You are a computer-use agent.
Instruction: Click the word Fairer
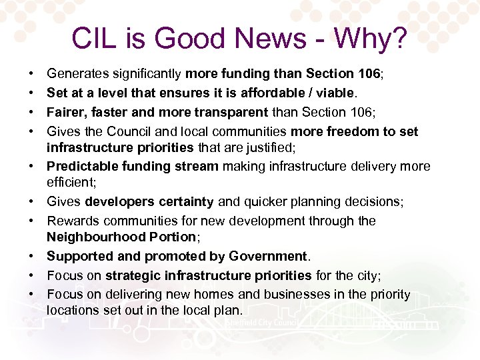[67, 112]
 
